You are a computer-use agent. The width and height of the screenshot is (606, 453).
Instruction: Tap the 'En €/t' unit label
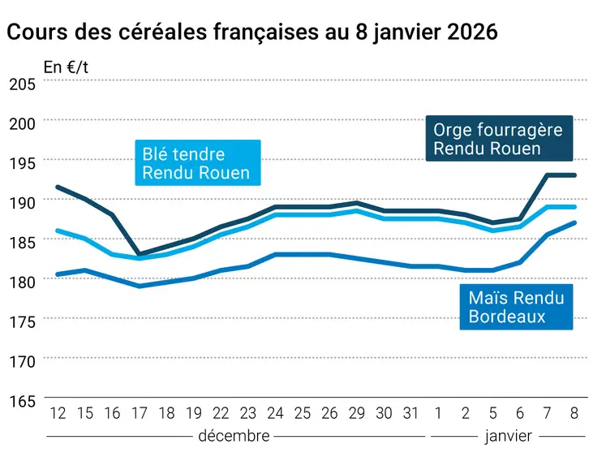pyautogui.click(x=66, y=67)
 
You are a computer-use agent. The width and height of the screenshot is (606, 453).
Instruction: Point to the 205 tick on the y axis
pyautogui.click(x=21, y=84)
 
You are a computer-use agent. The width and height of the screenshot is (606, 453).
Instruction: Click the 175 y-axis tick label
pyautogui.click(x=21, y=321)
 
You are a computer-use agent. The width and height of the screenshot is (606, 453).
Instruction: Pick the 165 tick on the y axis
pyautogui.click(x=21, y=400)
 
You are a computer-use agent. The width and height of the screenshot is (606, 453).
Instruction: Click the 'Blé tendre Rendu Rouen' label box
pyautogui.click(x=196, y=163)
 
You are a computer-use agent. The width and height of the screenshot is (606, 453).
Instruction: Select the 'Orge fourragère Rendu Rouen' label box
pyautogui.click(x=497, y=139)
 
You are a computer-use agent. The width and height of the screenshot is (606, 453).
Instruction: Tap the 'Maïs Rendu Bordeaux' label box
pyautogui.click(x=516, y=307)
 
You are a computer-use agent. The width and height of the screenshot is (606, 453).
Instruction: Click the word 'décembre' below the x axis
pyautogui.click(x=234, y=436)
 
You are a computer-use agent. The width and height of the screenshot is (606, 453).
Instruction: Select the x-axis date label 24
pyautogui.click(x=274, y=413)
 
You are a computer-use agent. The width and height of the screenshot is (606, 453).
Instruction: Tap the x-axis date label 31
pyautogui.click(x=410, y=413)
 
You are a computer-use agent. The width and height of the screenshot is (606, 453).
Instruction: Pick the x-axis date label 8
pyautogui.click(x=574, y=413)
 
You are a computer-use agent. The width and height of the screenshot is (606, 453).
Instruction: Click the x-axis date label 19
pyautogui.click(x=193, y=413)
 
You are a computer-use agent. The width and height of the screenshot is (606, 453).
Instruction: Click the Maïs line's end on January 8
pyautogui.click(x=574, y=222)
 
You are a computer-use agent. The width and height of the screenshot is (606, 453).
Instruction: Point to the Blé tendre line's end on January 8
pyautogui.click(x=574, y=207)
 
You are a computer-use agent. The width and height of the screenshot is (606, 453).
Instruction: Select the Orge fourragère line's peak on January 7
pyautogui.click(x=548, y=175)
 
